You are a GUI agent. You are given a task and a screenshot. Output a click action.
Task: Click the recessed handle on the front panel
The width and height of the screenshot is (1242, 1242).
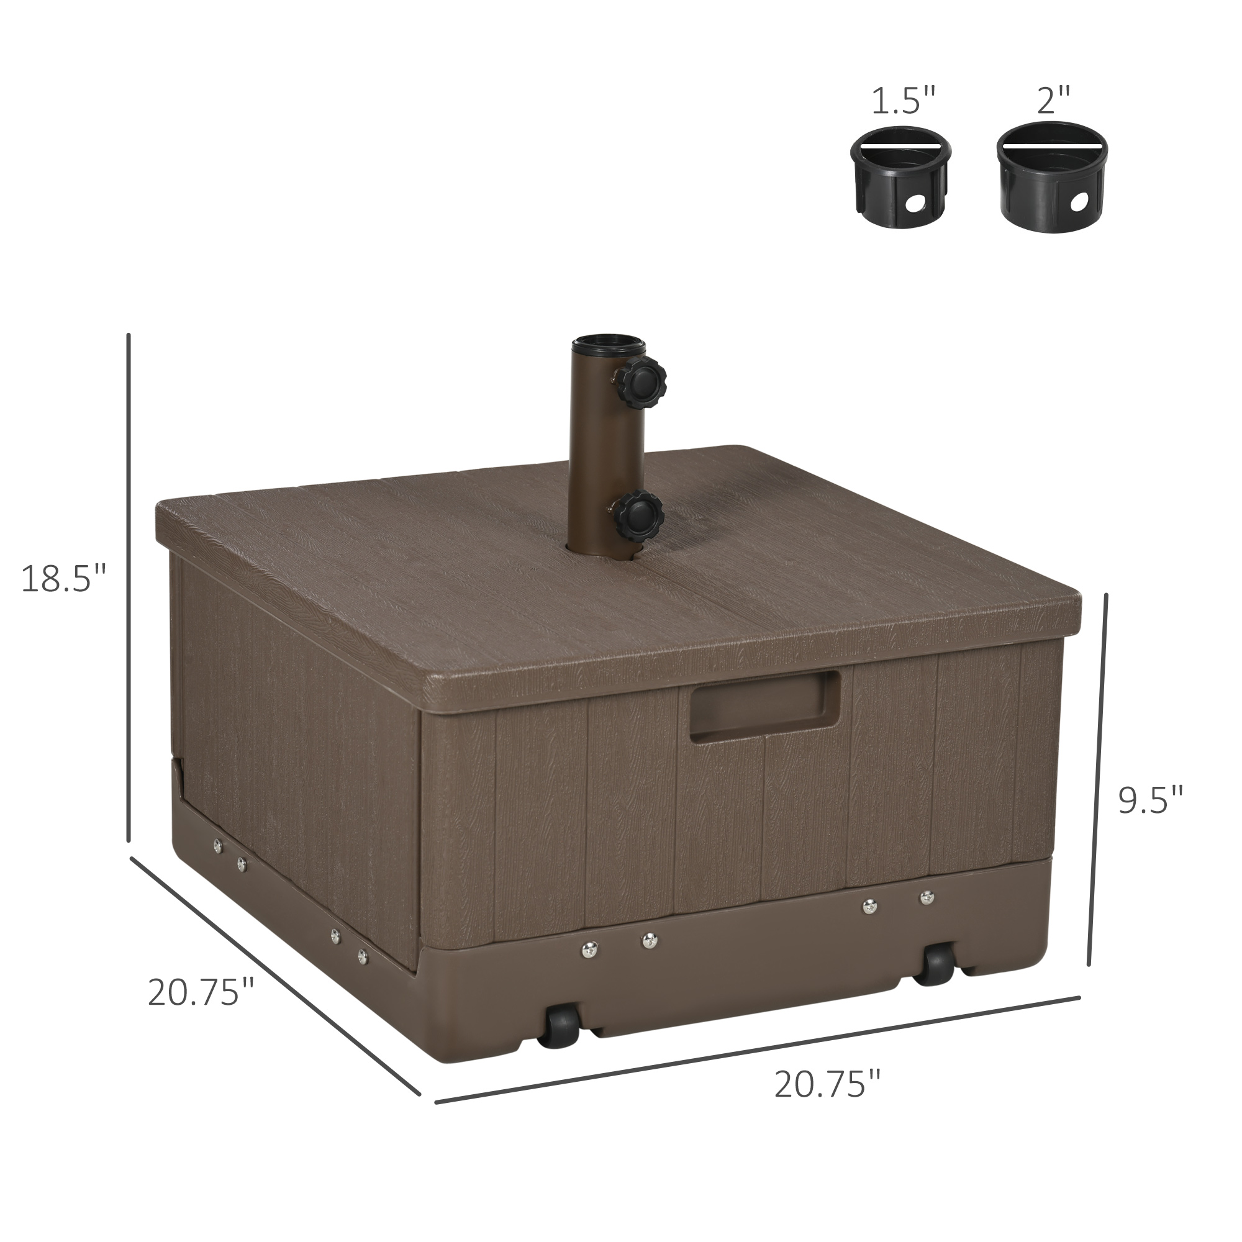tap(765, 707)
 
